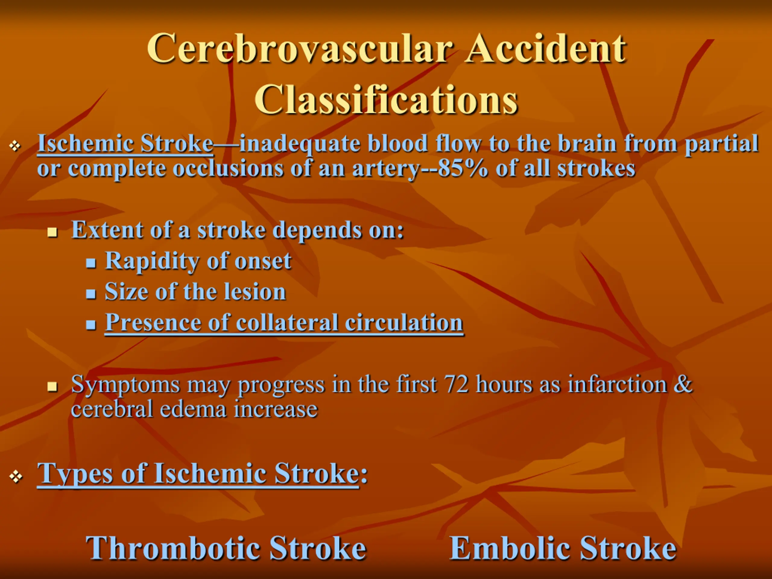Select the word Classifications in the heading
click(386, 100)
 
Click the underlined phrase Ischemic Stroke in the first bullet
click(125, 144)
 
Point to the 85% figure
click(462, 169)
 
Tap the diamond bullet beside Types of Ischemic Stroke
click(16, 477)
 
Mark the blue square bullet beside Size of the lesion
click(91, 294)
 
